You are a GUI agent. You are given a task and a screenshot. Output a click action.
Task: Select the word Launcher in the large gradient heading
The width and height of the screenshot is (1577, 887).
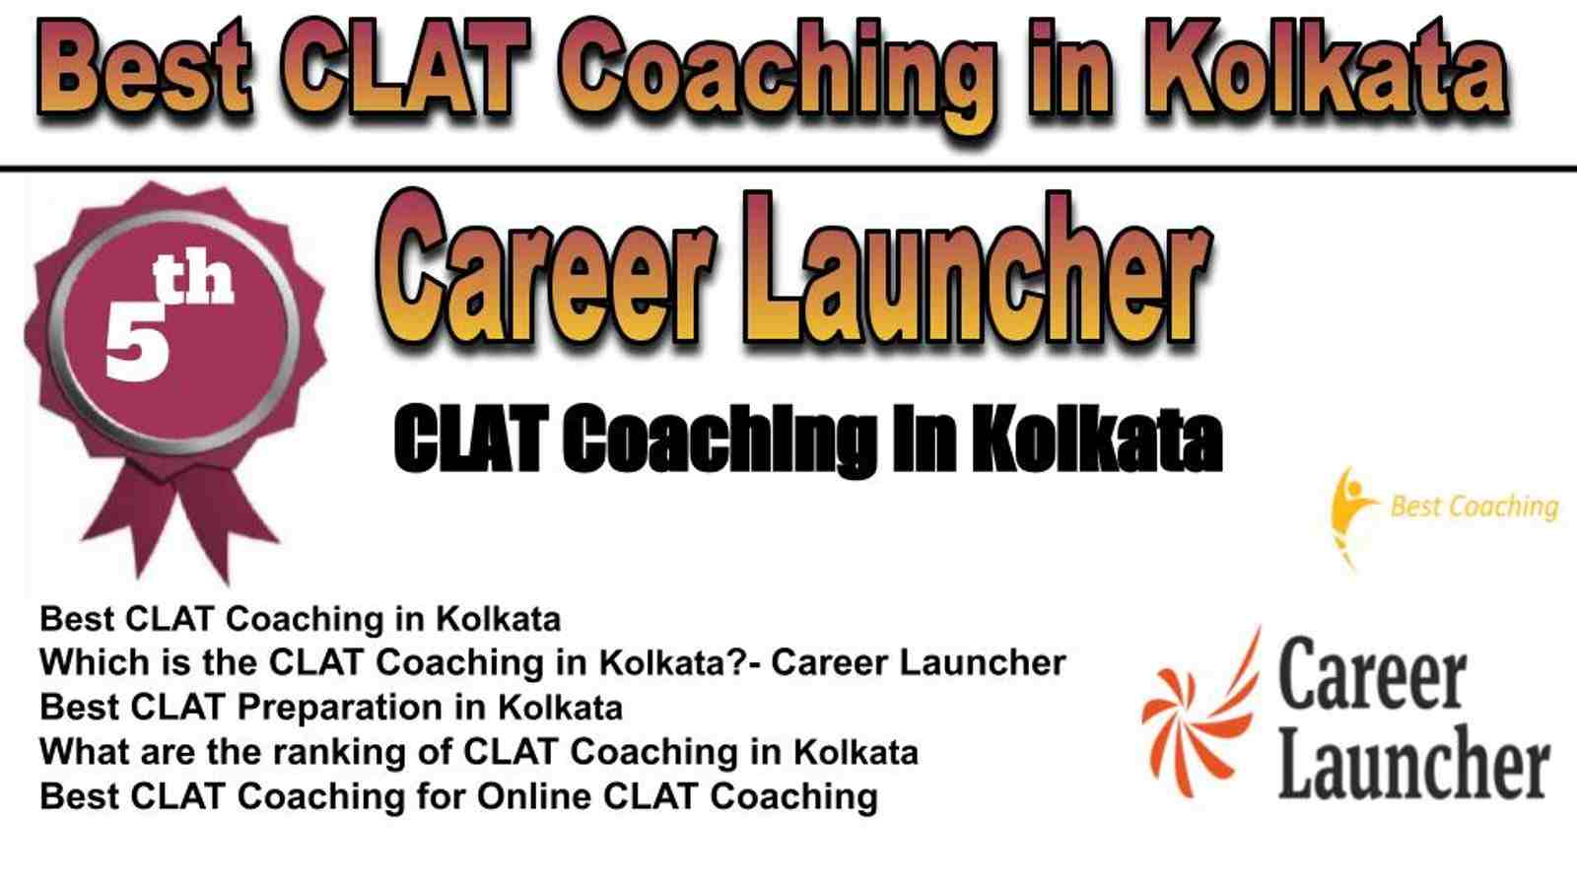980,272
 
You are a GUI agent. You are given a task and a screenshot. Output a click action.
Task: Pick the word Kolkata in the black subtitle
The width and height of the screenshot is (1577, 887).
1096,441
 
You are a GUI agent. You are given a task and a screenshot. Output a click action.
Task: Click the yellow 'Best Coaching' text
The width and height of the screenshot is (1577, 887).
1474,507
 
